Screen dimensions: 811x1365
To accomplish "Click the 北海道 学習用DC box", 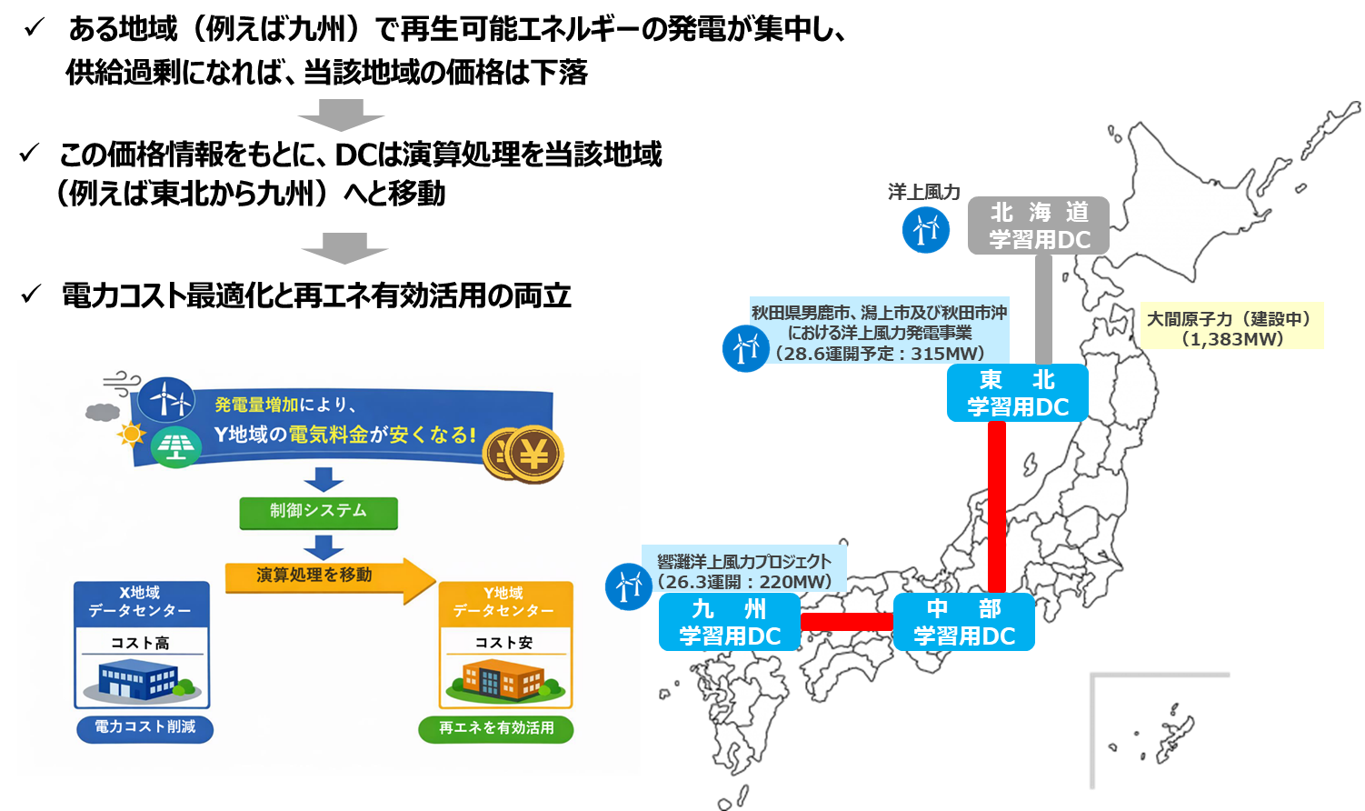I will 1038,225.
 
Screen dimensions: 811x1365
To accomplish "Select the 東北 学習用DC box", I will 1017,393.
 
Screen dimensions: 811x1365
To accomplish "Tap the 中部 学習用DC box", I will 963,622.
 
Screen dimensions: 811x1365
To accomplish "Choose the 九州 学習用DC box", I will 730,622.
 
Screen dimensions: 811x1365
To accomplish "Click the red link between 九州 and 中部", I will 847,622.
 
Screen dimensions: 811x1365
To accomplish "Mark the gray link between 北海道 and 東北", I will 1043,309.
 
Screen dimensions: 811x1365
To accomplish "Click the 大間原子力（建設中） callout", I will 1231,327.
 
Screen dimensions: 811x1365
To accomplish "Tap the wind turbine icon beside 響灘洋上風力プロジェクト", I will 628,586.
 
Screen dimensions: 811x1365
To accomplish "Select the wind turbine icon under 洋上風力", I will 925,229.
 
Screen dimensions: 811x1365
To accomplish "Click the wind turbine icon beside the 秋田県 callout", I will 745,348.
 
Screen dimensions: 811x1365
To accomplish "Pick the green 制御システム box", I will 318,512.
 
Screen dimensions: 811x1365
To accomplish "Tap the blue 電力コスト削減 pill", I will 144,727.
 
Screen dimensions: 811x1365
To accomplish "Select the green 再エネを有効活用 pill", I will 495,728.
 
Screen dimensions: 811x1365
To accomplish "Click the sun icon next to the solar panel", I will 132,434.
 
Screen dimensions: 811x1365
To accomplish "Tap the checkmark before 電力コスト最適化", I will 32,295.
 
